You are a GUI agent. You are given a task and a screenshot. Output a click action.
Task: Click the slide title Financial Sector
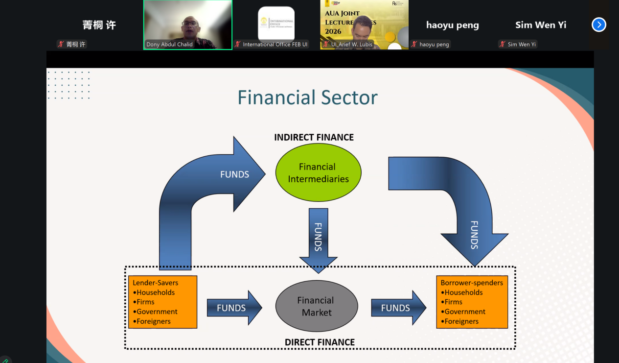tap(307, 97)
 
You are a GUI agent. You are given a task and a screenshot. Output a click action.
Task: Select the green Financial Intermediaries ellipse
tap(318, 173)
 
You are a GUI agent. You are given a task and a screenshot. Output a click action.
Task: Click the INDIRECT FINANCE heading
tap(314, 138)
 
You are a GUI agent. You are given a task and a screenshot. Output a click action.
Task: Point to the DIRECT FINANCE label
tap(320, 342)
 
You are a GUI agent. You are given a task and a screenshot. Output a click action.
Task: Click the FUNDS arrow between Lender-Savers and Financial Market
tap(234, 308)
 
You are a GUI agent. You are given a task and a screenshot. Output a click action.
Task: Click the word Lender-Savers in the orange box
tap(155, 283)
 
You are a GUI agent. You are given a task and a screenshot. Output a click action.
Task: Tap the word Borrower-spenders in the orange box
tap(471, 283)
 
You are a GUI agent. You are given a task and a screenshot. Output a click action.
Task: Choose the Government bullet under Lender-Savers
tap(157, 312)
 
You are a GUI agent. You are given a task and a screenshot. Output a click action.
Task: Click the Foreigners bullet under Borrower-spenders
tap(461, 321)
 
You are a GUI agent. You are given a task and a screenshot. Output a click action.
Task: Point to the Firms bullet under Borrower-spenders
tap(453, 302)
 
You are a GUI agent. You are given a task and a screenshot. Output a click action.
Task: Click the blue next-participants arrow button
tap(599, 24)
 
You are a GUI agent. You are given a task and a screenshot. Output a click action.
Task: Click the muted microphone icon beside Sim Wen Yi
tap(502, 44)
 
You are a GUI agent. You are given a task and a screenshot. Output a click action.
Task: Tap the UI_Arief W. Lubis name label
tap(351, 44)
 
